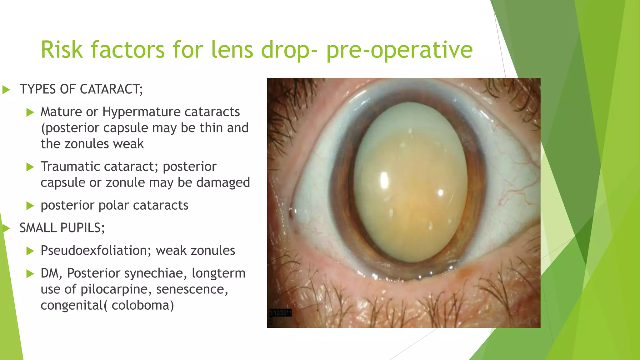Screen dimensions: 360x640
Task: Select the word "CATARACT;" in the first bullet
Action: [x=112, y=89]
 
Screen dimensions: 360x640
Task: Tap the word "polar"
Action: [x=114, y=205]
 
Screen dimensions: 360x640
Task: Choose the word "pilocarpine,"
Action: [x=116, y=289]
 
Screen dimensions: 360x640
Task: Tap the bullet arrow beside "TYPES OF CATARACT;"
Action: [x=6, y=90]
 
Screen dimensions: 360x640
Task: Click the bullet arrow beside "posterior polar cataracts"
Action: [x=30, y=206]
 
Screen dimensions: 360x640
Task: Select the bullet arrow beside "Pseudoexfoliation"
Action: [x=30, y=251]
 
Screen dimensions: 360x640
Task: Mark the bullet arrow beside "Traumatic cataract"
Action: [x=30, y=167]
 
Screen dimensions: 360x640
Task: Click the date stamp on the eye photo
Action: [x=281, y=313]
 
